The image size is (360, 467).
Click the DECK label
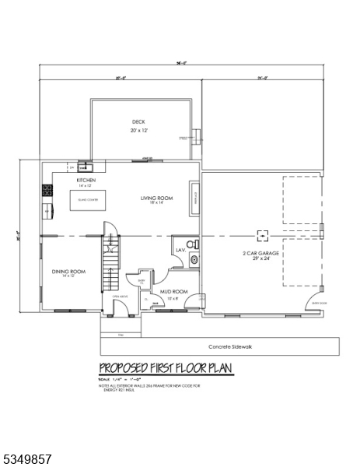(x=138, y=122)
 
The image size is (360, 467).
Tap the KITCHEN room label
(x=86, y=180)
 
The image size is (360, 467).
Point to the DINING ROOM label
(x=68, y=271)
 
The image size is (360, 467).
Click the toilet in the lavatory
(x=194, y=245)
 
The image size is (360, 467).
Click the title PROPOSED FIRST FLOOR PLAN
(x=165, y=368)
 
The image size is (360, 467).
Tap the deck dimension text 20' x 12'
(x=138, y=131)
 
